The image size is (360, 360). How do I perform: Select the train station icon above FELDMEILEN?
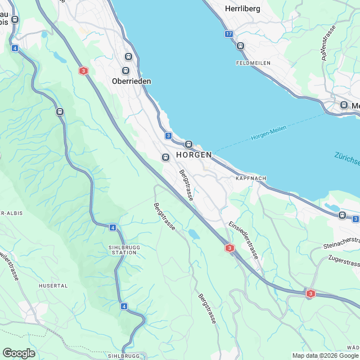tap(241, 46)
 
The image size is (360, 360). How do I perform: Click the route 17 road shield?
tap(228, 34)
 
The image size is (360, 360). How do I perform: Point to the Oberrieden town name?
tap(130, 80)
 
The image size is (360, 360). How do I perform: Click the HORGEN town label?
tap(193, 155)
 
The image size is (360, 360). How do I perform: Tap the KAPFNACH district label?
tap(250, 178)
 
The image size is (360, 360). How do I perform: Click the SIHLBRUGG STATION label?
tap(123, 250)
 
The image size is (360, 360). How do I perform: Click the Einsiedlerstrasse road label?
tap(243, 239)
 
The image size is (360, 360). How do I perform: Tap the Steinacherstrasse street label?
tap(341, 243)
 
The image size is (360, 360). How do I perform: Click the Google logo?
tap(19, 353)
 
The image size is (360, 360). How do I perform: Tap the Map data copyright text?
tap(325, 355)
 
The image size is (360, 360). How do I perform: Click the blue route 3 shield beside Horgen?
tap(168, 136)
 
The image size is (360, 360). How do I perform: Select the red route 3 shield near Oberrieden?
tap(83, 71)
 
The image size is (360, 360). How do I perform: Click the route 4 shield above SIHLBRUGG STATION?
tap(112, 227)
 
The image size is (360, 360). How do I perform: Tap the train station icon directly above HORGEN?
tap(189, 144)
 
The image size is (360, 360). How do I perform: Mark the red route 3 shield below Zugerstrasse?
tap(310, 293)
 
